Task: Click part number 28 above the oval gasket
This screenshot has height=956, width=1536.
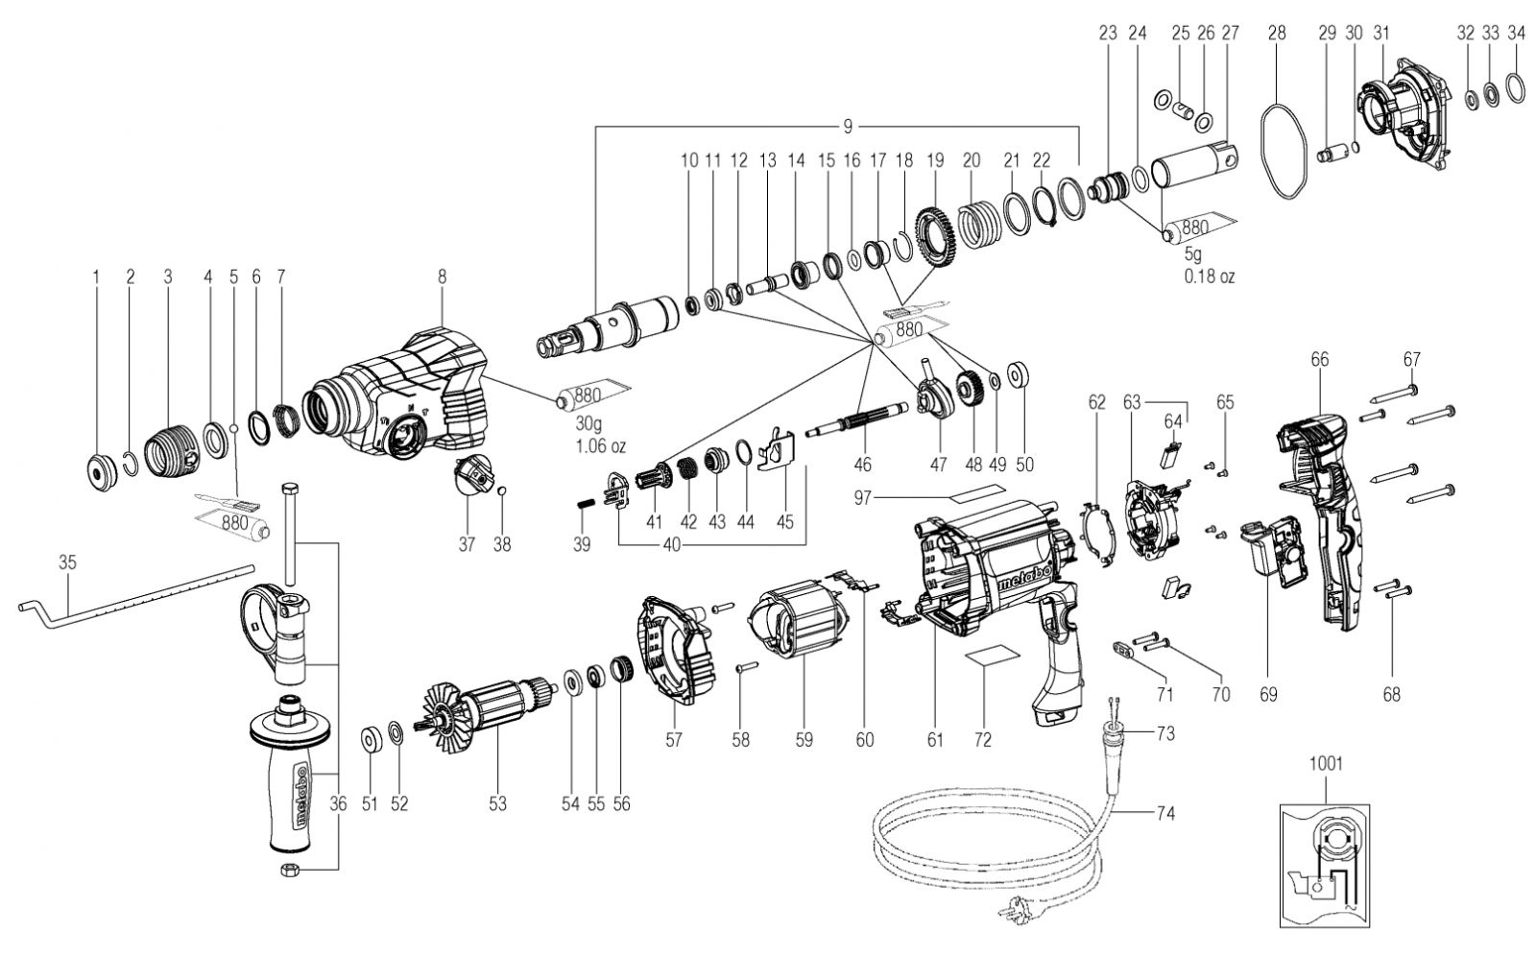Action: tap(1277, 33)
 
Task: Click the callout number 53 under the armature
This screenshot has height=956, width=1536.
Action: tap(497, 803)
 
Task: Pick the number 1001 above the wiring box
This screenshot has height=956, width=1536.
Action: tap(1326, 763)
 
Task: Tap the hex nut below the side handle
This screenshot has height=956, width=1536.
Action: tap(287, 870)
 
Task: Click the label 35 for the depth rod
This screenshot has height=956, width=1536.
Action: tap(67, 562)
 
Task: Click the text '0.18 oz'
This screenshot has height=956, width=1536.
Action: tap(1210, 276)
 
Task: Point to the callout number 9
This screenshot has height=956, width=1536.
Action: tap(848, 126)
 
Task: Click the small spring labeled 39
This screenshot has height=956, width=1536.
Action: tap(585, 505)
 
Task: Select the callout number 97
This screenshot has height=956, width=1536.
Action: tap(862, 497)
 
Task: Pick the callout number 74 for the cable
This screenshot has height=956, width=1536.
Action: tap(1165, 813)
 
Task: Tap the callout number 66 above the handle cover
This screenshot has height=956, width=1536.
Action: tap(1319, 359)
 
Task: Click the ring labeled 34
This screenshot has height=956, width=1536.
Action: tap(1516, 88)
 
